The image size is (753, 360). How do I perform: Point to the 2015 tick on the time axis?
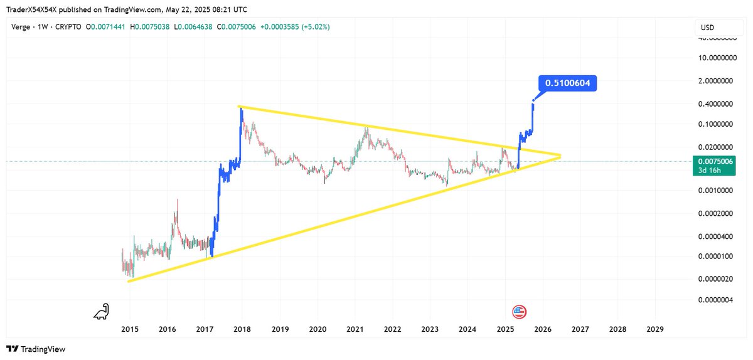(130, 329)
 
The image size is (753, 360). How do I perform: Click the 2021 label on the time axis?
(355, 329)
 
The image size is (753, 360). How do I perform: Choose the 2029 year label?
(655, 329)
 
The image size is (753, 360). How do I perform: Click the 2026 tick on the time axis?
(543, 329)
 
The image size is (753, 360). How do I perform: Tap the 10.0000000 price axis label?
(718, 58)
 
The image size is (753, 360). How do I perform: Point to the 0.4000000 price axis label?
(718, 103)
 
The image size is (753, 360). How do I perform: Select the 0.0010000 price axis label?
(718, 190)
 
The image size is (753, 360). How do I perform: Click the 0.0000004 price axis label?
(718, 300)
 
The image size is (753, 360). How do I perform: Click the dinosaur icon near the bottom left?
(100, 311)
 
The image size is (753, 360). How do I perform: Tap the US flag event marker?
(519, 312)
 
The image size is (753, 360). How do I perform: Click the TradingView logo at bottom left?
(36, 349)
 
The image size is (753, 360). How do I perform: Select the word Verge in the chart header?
(22, 27)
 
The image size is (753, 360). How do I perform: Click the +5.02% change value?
(317, 27)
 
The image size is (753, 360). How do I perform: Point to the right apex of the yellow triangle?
(560, 156)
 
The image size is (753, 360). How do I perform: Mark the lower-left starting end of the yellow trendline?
(129, 281)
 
